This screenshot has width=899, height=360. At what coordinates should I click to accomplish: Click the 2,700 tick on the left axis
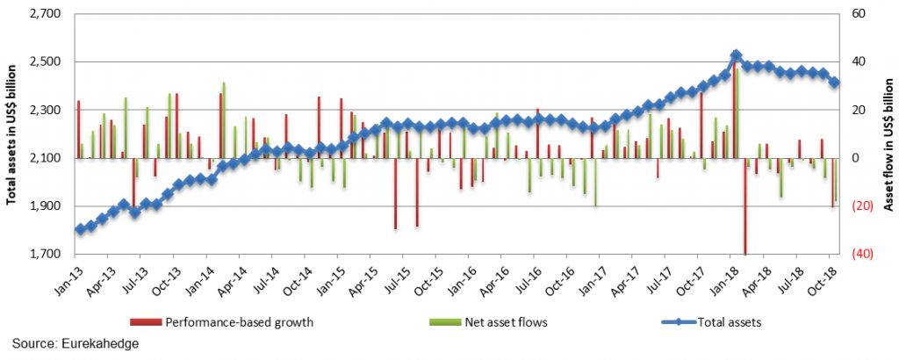(x=42, y=15)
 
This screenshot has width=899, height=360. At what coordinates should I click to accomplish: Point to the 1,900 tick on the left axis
(x=42, y=206)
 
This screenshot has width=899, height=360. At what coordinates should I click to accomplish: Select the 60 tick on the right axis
(x=854, y=15)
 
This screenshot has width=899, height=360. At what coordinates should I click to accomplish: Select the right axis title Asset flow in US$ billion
(x=888, y=134)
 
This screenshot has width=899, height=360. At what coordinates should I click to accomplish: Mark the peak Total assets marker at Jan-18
(x=736, y=55)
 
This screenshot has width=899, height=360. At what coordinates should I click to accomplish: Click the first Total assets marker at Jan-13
(x=80, y=229)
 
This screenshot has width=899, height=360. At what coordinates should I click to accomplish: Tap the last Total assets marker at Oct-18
(x=834, y=83)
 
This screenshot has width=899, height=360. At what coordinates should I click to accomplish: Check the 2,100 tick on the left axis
(x=42, y=158)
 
